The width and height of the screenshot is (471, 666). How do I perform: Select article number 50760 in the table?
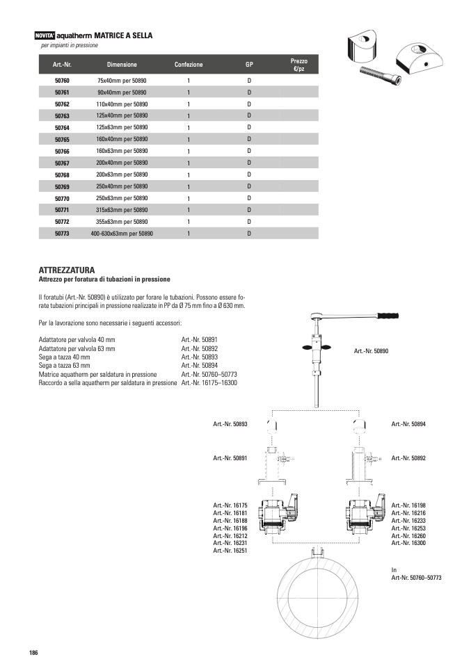tap(62, 81)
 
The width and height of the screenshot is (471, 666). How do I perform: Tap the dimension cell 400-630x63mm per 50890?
tap(122, 234)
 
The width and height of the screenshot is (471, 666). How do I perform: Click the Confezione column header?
tap(189, 65)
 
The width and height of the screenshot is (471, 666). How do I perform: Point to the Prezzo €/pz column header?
tap(298, 65)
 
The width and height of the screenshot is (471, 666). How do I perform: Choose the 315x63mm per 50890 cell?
tap(122, 210)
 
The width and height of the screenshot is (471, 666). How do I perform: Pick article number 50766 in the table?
tap(62, 152)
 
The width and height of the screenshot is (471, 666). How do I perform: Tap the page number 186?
tap(33, 652)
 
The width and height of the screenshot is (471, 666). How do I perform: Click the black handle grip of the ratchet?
tap(388, 318)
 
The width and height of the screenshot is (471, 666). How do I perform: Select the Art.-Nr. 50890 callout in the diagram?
tap(371, 351)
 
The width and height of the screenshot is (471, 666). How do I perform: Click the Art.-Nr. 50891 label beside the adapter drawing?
tap(230, 458)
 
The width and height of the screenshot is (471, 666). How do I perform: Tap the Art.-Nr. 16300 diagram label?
tap(408, 543)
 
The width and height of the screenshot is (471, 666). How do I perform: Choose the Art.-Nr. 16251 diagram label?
tap(230, 551)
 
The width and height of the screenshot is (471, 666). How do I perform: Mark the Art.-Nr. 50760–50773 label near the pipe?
tap(416, 578)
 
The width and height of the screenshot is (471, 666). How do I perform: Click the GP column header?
tap(249, 65)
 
